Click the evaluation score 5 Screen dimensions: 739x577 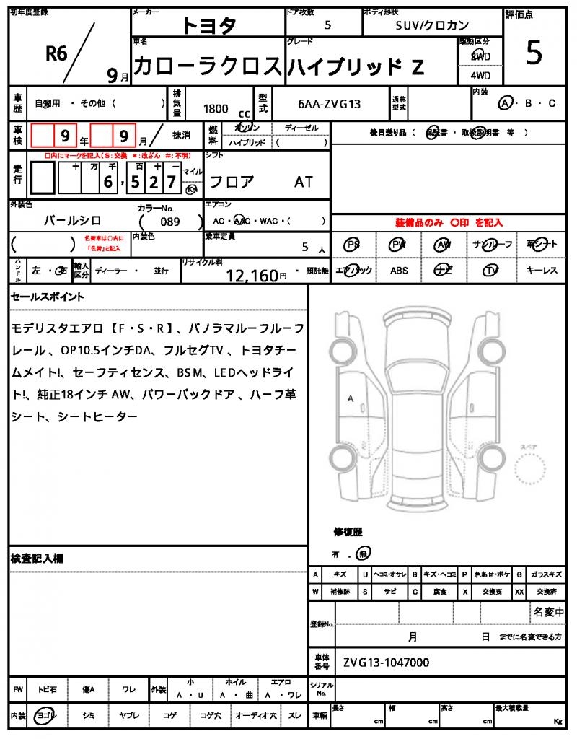coord(534,53)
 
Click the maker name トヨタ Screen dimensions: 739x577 coord(208,26)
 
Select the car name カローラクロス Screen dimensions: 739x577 coord(207,66)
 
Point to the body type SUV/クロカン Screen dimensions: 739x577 coord(432,25)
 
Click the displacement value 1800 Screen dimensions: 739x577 coord(216,108)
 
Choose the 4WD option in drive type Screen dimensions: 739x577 coord(480,75)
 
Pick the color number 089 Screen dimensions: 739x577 coord(171,222)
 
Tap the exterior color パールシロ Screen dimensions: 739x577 coord(73,221)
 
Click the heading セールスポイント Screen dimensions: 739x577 coord(48,297)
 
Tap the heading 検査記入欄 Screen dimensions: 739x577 coord(38,558)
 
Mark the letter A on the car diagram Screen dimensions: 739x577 coord(351,398)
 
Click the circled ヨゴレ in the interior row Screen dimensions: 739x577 coord(47,715)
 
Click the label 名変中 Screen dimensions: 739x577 coord(547,612)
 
